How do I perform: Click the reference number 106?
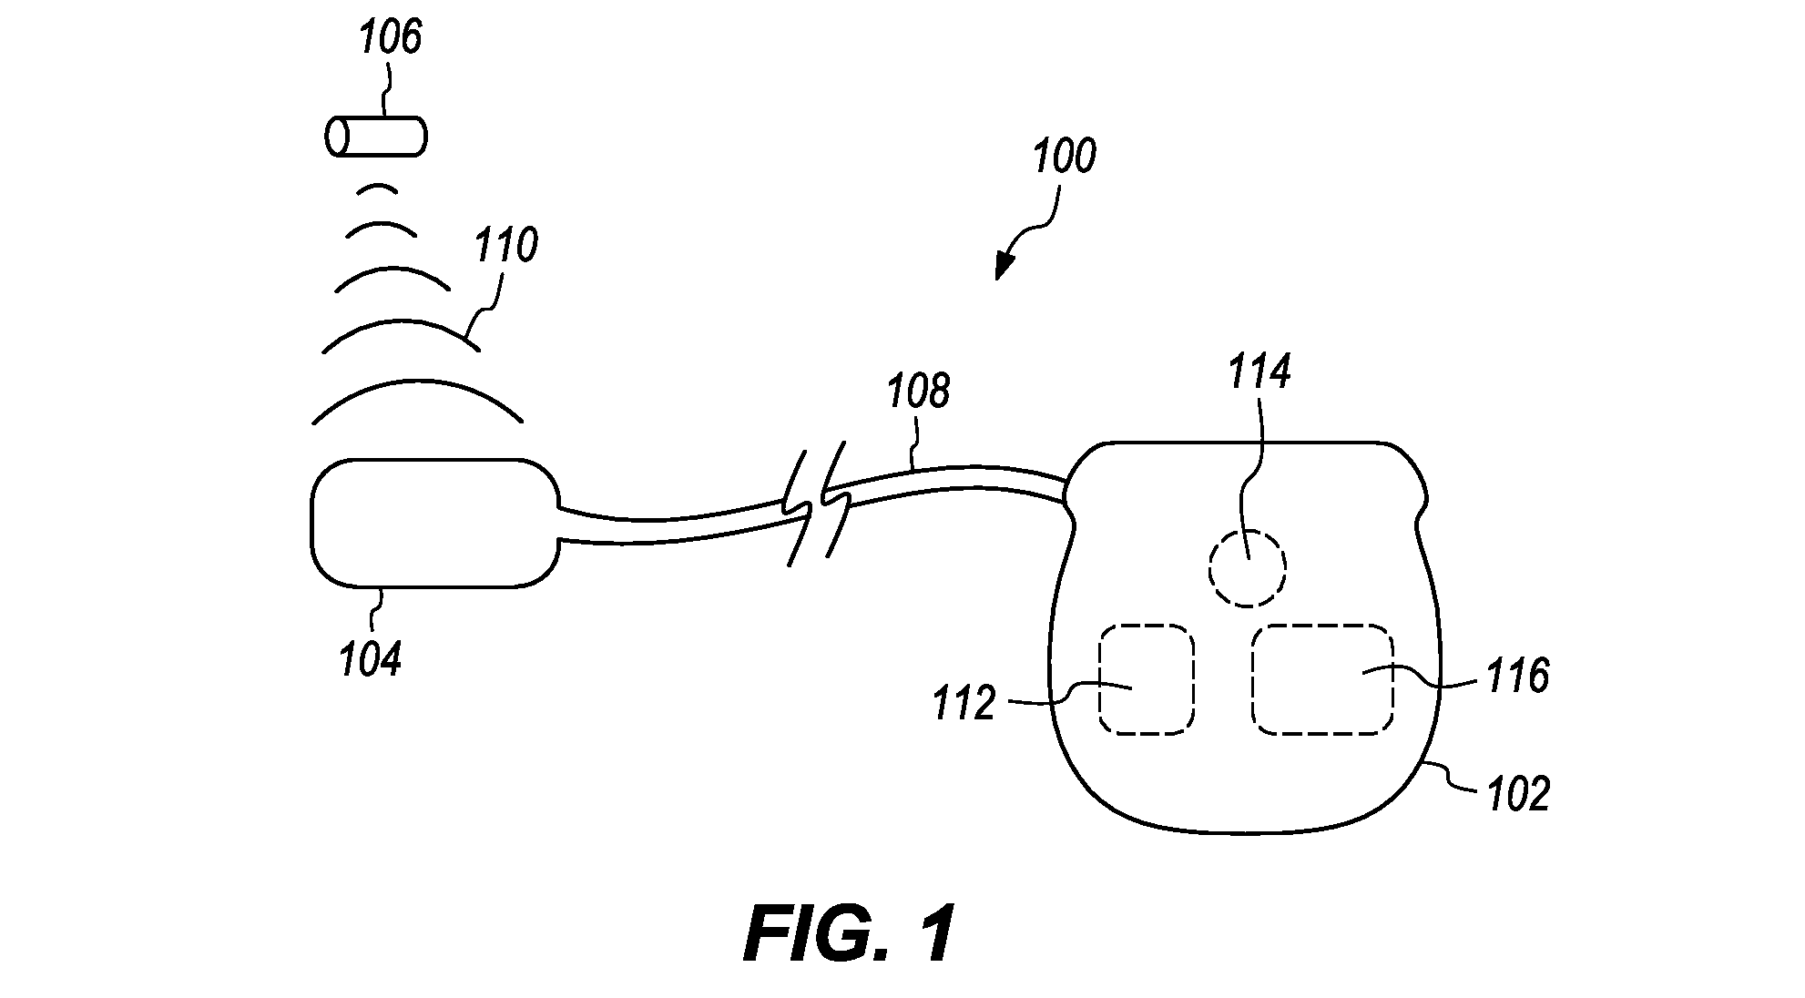coord(391,37)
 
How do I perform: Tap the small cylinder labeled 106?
coord(375,137)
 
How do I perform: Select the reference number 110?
coord(506,246)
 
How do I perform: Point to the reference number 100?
coord(1064,157)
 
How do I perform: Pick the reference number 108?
coord(918,391)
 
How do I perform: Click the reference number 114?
coord(1259,372)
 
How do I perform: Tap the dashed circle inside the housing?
coord(1247,567)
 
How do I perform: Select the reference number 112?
coord(964,704)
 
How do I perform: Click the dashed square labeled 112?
coord(1146,679)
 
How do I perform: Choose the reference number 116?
coord(1517,677)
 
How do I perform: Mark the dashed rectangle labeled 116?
coord(1322,679)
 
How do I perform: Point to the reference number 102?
coord(1517,794)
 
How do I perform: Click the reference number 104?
coord(371,659)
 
